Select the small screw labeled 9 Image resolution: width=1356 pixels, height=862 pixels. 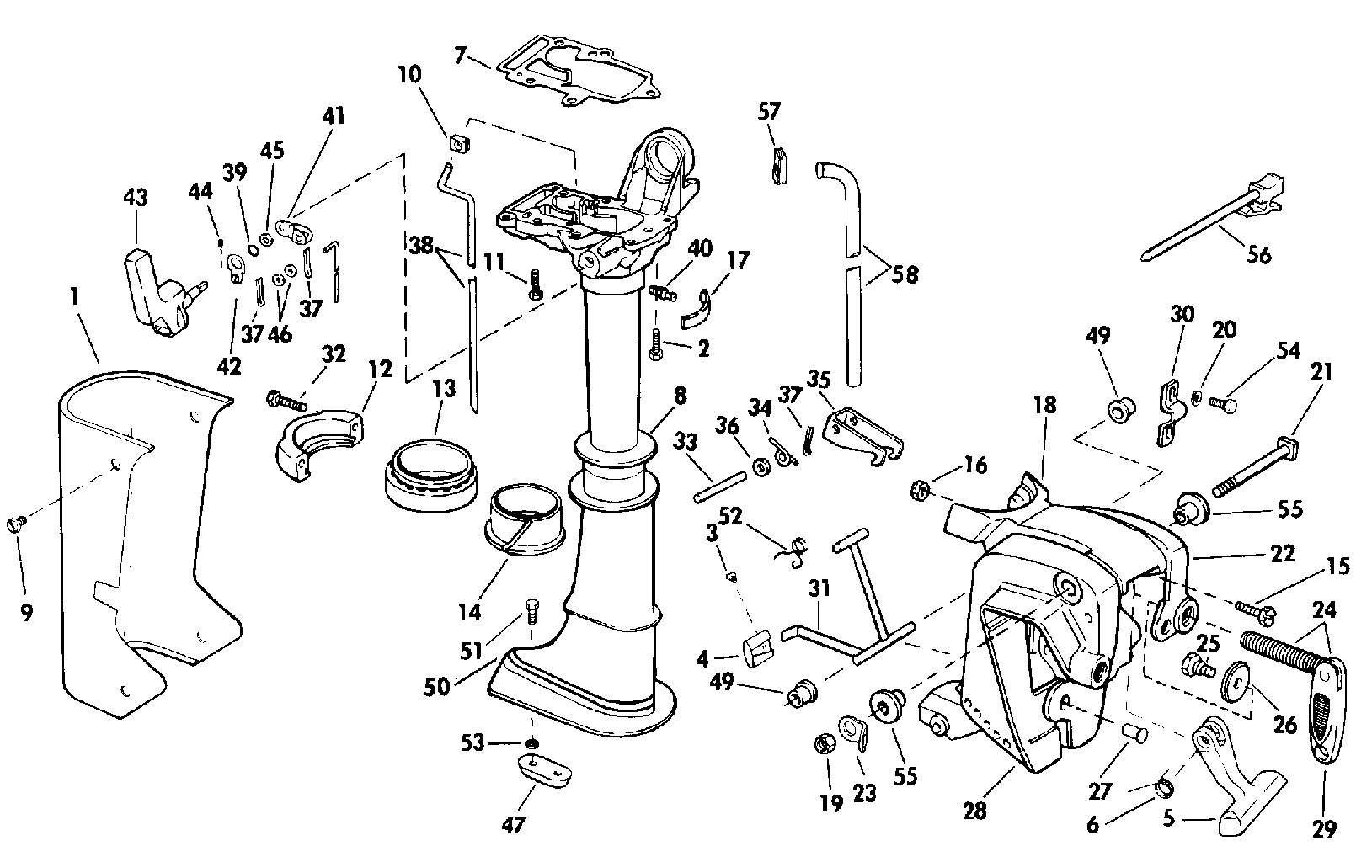click(x=14, y=524)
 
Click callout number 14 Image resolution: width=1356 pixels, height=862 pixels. click(x=470, y=611)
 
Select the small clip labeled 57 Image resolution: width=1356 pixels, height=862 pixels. click(x=778, y=164)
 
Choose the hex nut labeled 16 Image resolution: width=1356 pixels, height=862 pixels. click(x=921, y=489)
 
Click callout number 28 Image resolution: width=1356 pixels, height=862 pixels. click(x=974, y=811)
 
